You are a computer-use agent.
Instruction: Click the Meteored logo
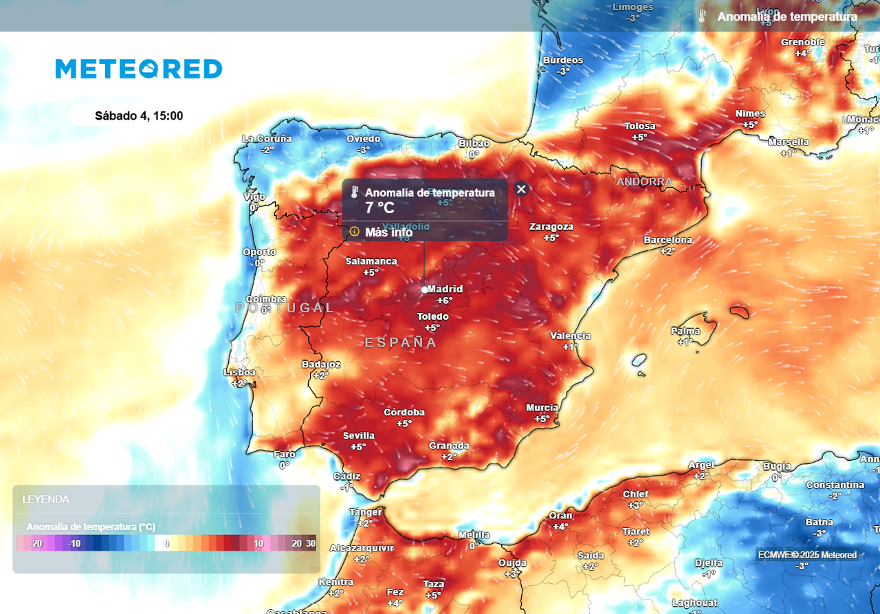(x=139, y=69)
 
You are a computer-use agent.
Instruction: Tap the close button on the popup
(x=521, y=189)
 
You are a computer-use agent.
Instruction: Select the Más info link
(x=388, y=232)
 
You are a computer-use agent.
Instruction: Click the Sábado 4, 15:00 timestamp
(x=139, y=116)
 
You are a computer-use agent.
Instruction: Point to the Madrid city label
(x=445, y=289)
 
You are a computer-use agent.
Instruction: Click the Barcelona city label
(x=668, y=240)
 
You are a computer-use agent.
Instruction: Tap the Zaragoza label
(x=551, y=227)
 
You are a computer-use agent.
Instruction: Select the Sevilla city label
(x=359, y=435)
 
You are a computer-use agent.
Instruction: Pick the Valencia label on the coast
(x=570, y=336)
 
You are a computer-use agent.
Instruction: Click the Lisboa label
(x=239, y=372)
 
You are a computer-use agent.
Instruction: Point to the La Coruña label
(x=267, y=138)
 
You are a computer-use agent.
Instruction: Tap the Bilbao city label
(x=474, y=143)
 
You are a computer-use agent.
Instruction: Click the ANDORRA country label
(x=644, y=182)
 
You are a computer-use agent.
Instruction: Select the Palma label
(x=685, y=331)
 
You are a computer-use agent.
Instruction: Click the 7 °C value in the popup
(x=379, y=208)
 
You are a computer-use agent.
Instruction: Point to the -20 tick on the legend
(x=36, y=543)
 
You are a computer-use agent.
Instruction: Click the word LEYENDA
(x=45, y=499)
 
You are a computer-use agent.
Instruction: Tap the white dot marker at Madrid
(x=424, y=289)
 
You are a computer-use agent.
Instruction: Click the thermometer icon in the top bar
(x=702, y=17)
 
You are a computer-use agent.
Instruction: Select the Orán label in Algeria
(x=560, y=516)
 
